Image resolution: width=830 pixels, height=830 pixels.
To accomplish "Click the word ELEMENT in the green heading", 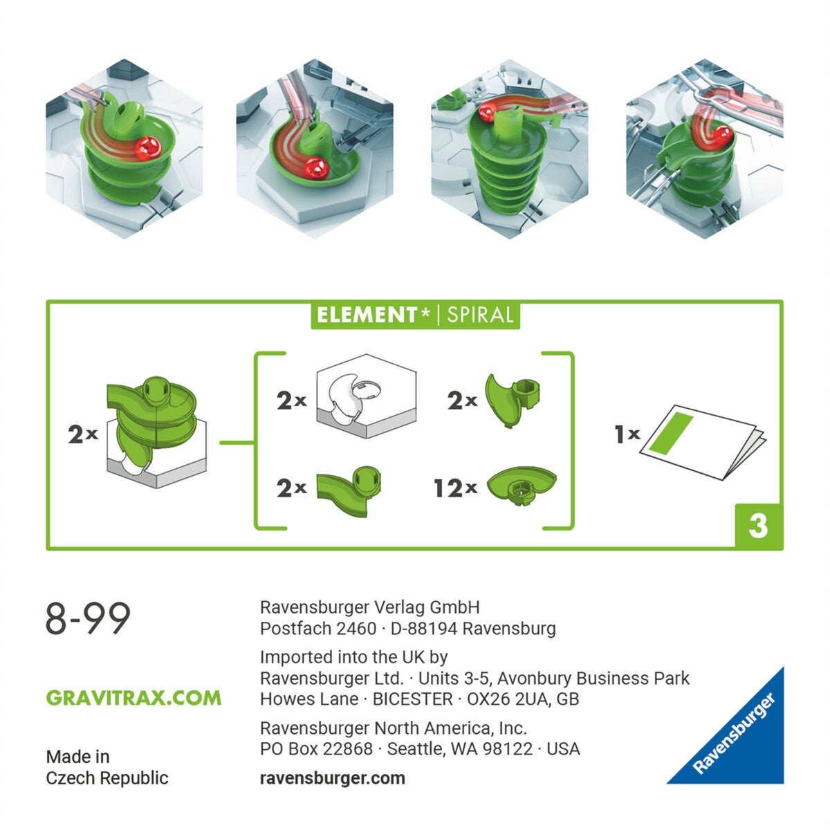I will click(x=367, y=315).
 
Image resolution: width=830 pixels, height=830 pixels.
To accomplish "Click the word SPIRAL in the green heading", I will click(x=480, y=315).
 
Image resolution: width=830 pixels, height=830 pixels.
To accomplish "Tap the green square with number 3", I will click(x=758, y=526).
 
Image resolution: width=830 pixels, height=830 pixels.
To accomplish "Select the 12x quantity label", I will click(x=455, y=488).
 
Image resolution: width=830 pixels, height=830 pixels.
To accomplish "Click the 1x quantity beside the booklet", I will click(x=627, y=434).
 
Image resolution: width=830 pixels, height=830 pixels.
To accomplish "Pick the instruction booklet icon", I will click(x=703, y=441).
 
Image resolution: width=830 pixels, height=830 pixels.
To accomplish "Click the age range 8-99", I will click(x=88, y=618).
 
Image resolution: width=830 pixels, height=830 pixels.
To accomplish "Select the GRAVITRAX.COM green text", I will click(x=133, y=697).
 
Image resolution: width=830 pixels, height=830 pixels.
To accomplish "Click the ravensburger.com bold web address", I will click(x=332, y=777).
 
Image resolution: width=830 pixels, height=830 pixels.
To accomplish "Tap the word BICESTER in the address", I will click(x=412, y=699).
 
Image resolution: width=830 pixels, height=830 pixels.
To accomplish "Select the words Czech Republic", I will click(x=107, y=778).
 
